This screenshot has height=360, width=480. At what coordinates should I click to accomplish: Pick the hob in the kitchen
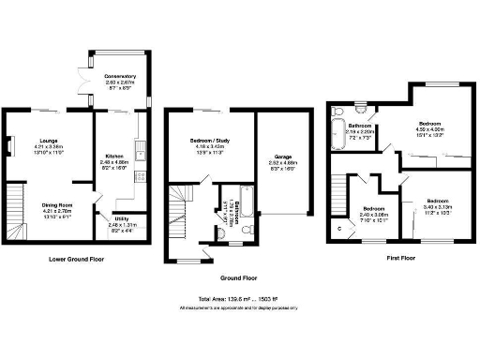tap(140, 175)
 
